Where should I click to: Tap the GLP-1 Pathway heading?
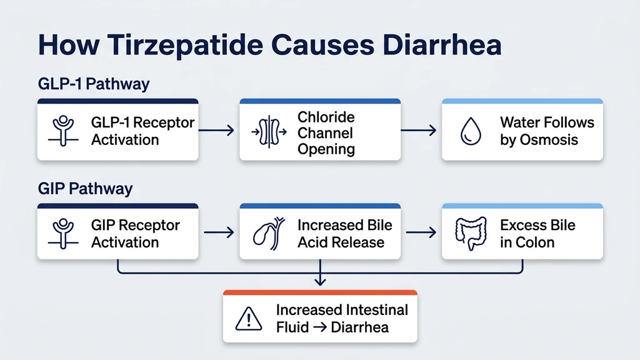coord(94,84)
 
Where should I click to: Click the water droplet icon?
coord(470,132)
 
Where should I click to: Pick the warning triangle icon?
coord(249,319)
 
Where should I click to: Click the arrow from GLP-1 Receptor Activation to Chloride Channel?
coord(218,131)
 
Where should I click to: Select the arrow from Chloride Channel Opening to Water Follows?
coord(419,131)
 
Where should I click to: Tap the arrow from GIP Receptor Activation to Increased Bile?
coord(218,233)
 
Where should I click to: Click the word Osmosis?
coord(547,139)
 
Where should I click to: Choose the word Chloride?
coord(326,117)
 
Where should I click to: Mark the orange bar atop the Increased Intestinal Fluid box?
coord(320,292)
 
